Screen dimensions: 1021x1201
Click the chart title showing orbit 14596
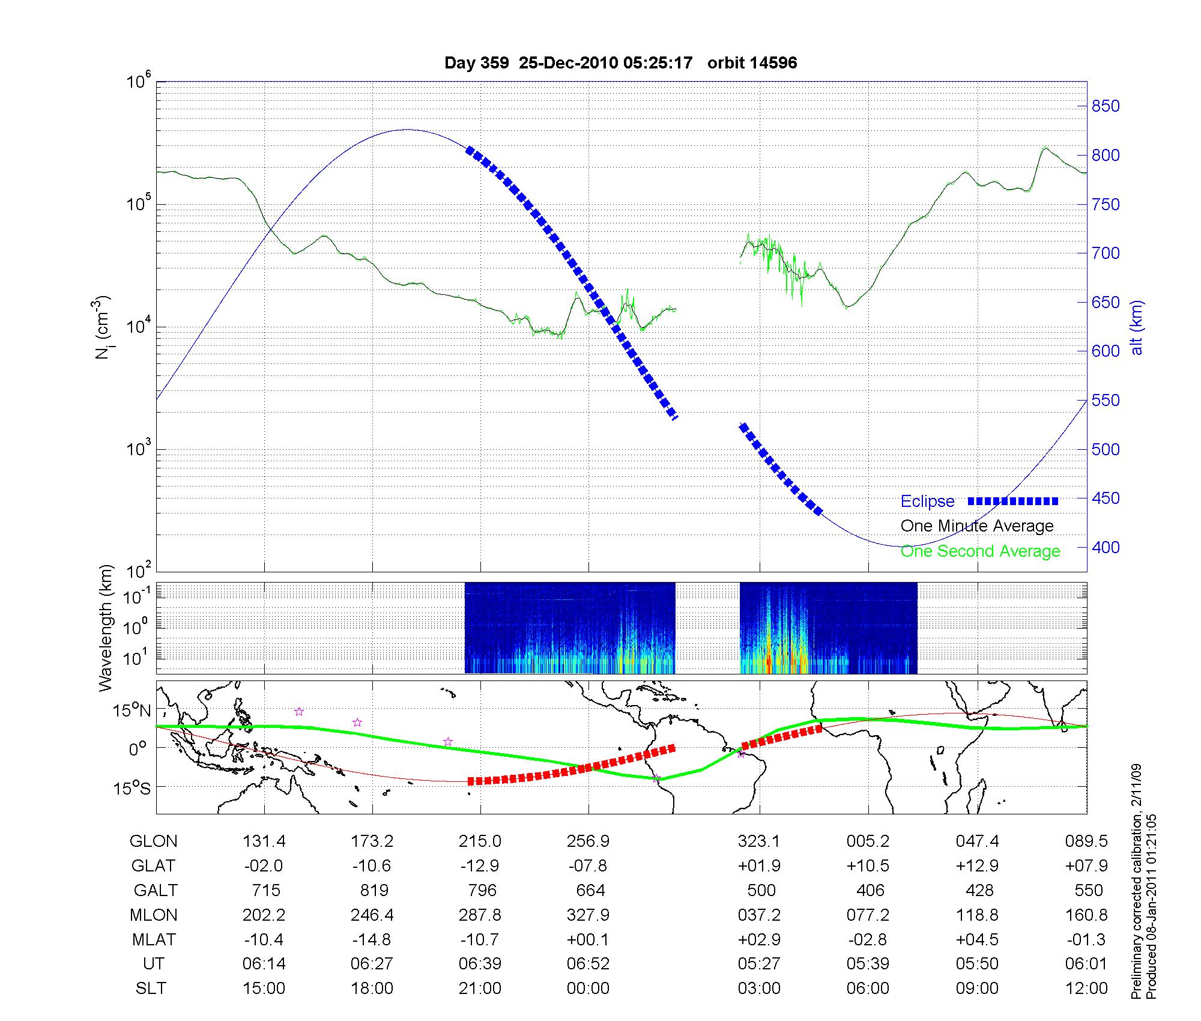pos(620,63)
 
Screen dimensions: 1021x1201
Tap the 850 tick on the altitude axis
pos(1105,106)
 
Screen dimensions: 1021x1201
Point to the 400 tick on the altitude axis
pos(1105,547)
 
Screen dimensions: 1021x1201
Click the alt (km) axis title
pos(1137,327)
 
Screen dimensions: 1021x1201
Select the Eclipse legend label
pos(927,501)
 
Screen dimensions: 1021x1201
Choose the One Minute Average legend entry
pos(977,526)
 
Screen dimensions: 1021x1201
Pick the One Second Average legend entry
pos(980,551)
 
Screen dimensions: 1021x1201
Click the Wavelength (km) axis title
pos(106,628)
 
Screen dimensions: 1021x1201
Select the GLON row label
pos(153,841)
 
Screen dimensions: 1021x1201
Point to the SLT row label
pos(151,988)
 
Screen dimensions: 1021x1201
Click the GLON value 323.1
pos(759,841)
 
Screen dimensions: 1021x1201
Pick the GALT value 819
pos(374,890)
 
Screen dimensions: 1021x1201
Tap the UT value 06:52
pos(588,964)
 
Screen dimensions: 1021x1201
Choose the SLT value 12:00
pos(1086,988)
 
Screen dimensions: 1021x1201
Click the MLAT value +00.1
pos(588,939)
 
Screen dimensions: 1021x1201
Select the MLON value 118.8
pos(977,915)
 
